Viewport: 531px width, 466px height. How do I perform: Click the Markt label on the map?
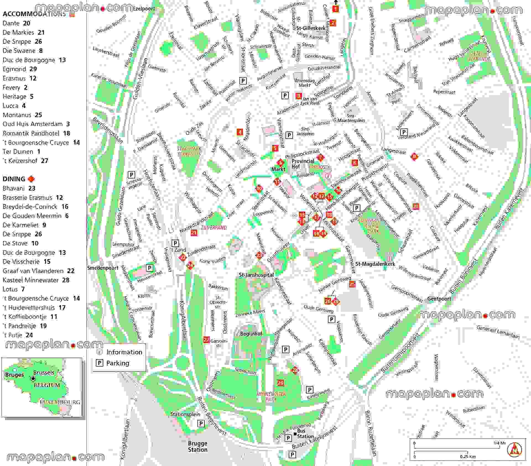point(278,169)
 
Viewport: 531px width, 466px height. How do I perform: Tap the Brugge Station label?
point(197,446)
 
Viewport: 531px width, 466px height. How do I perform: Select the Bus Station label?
point(304,434)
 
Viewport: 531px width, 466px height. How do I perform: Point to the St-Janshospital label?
point(256,275)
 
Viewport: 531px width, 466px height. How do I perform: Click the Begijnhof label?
point(251,334)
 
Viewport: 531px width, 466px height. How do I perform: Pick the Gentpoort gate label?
point(439,299)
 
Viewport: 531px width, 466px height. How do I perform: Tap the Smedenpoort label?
point(103,268)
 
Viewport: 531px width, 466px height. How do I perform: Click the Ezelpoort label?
point(144,9)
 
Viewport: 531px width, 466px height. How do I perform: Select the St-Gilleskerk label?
point(311,28)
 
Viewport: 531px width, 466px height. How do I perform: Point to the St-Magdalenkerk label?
point(375,264)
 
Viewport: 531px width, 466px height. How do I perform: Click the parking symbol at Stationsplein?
point(201,423)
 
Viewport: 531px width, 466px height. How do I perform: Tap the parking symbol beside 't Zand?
point(175,243)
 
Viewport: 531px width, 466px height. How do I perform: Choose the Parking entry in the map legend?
point(118,363)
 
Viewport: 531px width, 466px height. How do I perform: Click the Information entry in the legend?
point(124,352)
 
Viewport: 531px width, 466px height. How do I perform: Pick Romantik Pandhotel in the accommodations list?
point(31,133)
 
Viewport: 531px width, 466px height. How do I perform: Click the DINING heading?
point(14,179)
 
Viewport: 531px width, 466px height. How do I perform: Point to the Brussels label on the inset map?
point(44,373)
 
